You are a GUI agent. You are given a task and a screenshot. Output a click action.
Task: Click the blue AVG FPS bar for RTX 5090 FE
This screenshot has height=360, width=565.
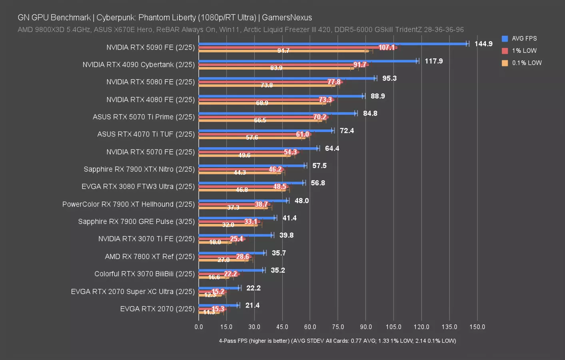332,44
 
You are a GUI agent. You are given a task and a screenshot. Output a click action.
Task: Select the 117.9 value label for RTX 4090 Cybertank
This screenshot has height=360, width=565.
434,61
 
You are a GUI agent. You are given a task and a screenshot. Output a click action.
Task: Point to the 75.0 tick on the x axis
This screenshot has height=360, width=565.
338,327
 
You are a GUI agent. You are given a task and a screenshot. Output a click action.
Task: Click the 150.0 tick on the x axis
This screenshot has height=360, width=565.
477,327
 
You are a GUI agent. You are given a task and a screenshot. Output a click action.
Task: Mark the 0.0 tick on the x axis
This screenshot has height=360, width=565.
199,327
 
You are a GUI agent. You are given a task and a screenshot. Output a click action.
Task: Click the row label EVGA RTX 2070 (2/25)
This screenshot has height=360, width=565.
157,309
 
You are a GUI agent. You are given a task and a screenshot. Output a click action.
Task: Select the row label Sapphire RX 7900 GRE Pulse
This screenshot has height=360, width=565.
136,222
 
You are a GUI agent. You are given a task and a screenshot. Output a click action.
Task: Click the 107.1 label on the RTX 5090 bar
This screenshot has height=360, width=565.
387,48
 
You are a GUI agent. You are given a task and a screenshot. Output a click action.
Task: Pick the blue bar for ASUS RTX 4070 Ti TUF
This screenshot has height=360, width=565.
266,131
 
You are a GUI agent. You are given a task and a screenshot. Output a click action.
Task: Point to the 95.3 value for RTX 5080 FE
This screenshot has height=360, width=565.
389,78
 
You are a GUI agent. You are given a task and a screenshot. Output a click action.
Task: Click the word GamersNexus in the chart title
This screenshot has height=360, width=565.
287,18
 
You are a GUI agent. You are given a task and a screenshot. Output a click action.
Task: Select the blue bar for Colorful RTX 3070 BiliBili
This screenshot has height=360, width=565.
231,270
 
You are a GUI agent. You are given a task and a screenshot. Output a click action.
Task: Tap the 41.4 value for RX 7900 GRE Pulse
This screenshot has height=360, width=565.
289,218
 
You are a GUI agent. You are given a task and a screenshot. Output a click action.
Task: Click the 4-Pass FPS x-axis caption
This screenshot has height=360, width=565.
337,341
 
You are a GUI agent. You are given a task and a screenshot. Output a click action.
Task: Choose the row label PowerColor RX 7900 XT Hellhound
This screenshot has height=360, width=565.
128,204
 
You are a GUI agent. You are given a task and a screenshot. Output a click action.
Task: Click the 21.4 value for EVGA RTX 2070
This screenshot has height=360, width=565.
252,306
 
